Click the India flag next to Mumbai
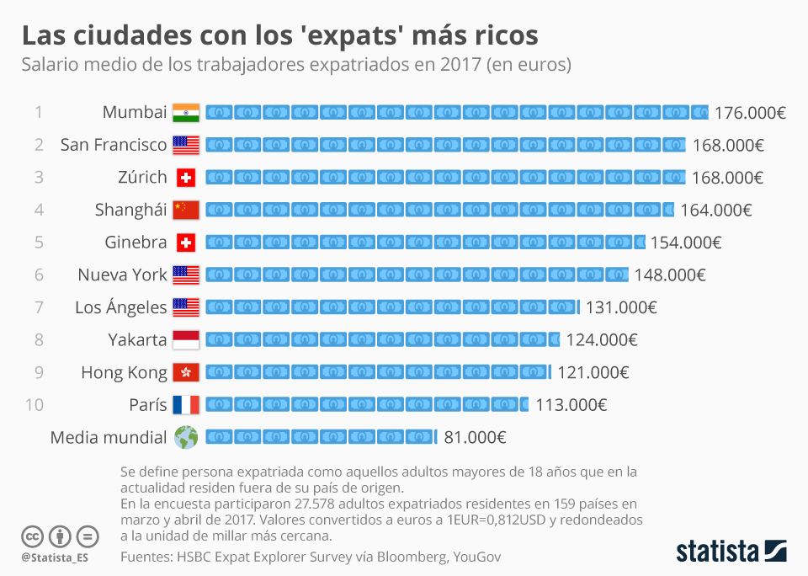(x=186, y=112)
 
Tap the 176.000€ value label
(x=750, y=113)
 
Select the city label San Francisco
(x=114, y=145)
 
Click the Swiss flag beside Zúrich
(x=186, y=178)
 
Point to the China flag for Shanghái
(x=186, y=210)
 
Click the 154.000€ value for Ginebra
(x=686, y=243)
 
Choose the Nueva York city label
(x=122, y=275)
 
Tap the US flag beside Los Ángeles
(x=186, y=307)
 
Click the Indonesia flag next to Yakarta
(x=186, y=339)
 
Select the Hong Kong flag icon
(x=186, y=372)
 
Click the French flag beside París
(x=186, y=405)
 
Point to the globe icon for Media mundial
(x=186, y=437)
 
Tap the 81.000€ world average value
(x=475, y=438)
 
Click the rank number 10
(x=35, y=405)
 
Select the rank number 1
(x=39, y=112)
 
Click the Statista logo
(x=731, y=552)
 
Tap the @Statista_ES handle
(x=55, y=557)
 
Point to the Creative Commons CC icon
(x=32, y=536)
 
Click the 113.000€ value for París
(x=571, y=405)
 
